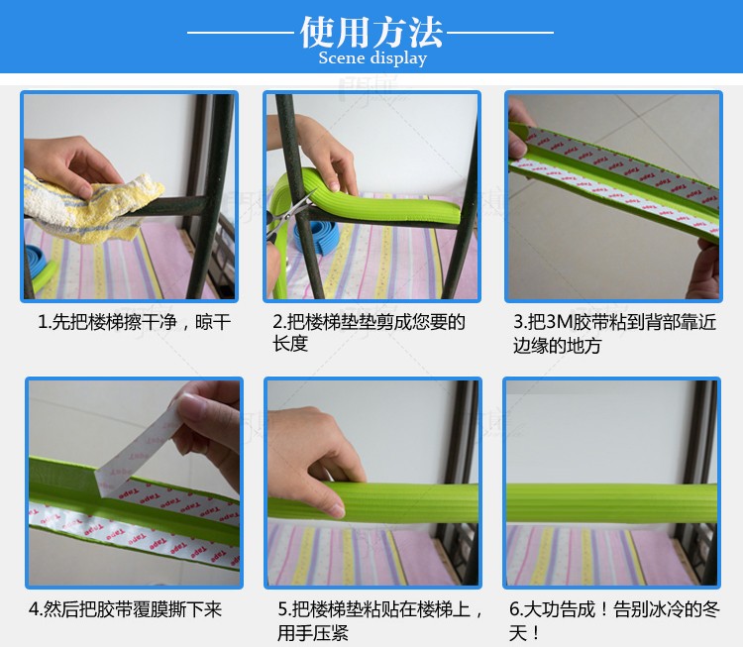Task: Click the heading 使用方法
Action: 371,33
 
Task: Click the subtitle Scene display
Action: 372,58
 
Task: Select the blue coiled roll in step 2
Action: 318,236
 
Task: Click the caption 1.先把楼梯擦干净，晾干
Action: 134,322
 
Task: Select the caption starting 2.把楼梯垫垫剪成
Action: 369,333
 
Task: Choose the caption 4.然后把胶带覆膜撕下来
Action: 126,609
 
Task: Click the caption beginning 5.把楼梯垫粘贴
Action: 380,620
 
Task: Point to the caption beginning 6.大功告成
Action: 614,620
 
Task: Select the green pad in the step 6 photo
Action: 611,502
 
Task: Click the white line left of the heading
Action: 241,33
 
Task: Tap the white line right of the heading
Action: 500,33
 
